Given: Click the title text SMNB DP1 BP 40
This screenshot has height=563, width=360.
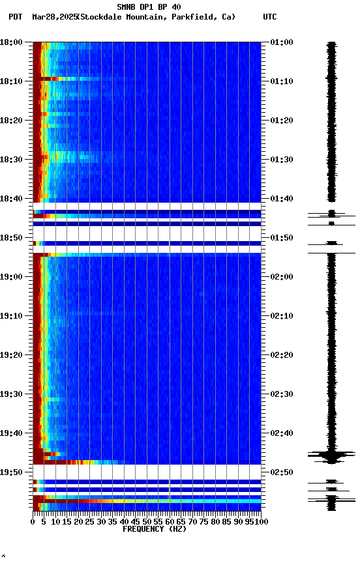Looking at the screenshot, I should pyautogui.click(x=149, y=7).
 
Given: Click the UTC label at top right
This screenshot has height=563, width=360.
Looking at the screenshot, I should pyautogui.click(x=270, y=17).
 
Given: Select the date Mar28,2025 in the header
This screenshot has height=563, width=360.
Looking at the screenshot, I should pyautogui.click(x=54, y=17).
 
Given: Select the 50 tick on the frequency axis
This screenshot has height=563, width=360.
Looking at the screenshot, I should pyautogui.click(x=147, y=521).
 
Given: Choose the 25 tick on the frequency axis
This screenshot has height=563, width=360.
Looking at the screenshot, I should pyautogui.click(x=90, y=521).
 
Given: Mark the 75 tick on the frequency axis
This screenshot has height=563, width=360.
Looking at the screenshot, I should pyautogui.click(x=203, y=521).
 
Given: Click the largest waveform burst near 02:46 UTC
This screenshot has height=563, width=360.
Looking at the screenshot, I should pyautogui.click(x=332, y=455).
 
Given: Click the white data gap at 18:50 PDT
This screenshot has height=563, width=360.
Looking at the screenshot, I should pyautogui.click(x=147, y=233).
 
